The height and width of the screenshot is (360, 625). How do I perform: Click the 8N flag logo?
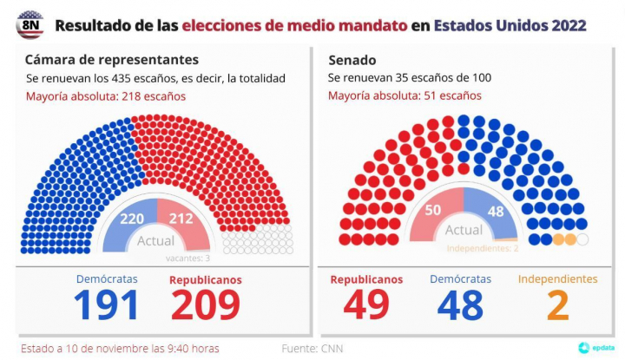[30, 25]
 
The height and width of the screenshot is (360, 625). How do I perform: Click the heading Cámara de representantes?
[112, 60]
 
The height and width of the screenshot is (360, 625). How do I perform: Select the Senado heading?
[352, 60]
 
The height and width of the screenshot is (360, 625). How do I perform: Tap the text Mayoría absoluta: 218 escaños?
[105, 96]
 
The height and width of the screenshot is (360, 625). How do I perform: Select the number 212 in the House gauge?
[181, 219]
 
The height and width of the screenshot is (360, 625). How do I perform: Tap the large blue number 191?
[106, 305]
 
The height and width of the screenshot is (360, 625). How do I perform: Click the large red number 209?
[206, 305]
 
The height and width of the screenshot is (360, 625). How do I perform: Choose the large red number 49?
[366, 305]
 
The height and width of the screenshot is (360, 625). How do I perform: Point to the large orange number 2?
[557, 305]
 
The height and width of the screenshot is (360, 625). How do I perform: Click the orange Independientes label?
[557, 279]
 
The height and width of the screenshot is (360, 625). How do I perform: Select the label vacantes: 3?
[187, 258]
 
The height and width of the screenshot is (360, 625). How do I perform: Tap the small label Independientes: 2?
[482, 249]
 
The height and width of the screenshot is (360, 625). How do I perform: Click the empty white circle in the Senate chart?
[582, 239]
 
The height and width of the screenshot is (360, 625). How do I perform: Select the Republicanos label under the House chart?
[206, 280]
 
